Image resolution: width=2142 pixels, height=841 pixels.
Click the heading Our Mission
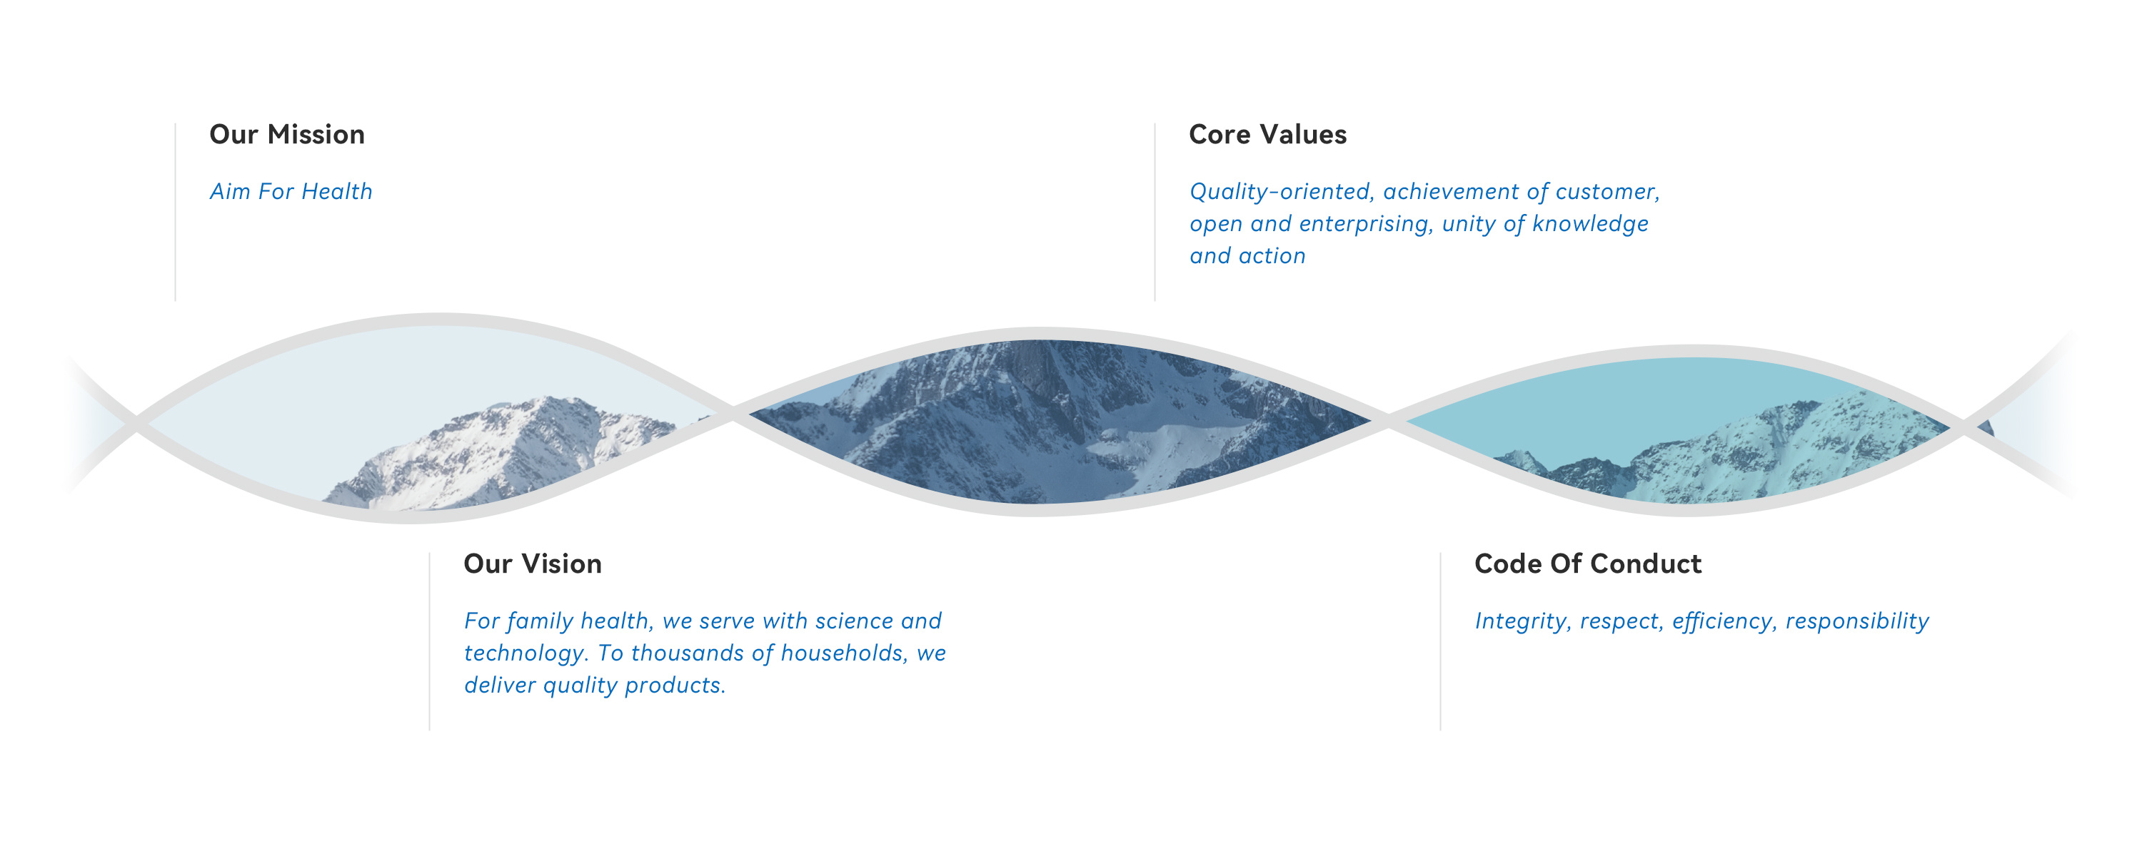(x=287, y=135)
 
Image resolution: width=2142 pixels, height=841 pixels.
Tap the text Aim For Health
(x=291, y=191)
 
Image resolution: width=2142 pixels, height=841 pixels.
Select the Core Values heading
(x=1267, y=135)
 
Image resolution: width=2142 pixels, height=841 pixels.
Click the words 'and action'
(x=1247, y=256)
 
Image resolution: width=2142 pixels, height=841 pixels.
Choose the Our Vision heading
(x=532, y=564)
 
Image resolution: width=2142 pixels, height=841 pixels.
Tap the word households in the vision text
(x=845, y=653)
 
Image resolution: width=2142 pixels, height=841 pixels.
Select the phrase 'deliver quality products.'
(x=595, y=685)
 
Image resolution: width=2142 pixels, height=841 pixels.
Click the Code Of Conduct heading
(x=1587, y=564)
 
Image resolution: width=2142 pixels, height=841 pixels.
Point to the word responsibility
(x=1857, y=621)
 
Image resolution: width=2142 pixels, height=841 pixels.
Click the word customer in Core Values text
(x=1607, y=192)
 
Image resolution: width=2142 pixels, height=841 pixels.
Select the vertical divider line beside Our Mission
(x=176, y=212)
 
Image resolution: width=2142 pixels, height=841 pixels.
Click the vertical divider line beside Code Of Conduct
(x=1440, y=641)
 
